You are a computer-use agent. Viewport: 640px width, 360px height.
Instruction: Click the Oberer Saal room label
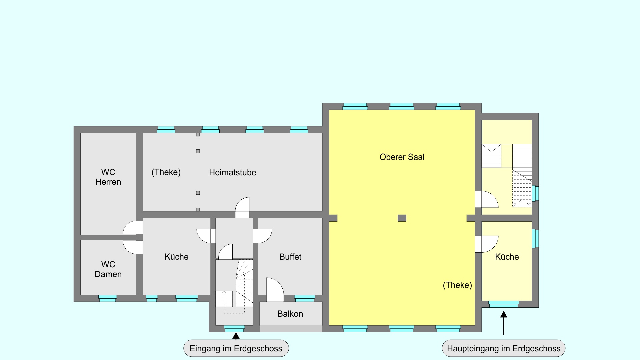coord(402,157)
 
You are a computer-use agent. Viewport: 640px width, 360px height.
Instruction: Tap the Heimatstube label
coord(233,172)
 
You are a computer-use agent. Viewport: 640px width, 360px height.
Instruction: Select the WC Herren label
coord(108,177)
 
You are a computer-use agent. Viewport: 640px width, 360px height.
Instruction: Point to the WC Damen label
coord(108,269)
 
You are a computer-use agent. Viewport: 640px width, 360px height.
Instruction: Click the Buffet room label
coord(290,257)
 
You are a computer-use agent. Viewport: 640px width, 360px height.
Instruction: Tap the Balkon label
coord(290,314)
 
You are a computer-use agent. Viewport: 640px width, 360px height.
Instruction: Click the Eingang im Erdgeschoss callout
coord(236,348)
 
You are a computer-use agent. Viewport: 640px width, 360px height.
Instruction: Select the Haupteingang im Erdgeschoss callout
coord(504,348)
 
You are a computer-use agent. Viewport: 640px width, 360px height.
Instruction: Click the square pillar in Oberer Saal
coord(402,218)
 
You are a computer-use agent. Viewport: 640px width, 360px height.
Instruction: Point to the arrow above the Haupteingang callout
coord(504,323)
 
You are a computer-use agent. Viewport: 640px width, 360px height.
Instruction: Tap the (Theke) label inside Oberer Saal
coord(457,285)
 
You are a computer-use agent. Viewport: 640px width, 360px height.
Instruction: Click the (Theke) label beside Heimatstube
coord(166,172)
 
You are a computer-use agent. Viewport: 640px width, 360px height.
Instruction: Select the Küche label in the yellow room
coord(507,257)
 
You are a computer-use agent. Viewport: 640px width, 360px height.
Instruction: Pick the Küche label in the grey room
coord(177,257)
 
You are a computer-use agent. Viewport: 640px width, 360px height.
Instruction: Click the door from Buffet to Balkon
coord(275,287)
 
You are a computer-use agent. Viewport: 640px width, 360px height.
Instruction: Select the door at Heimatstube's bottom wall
coord(242,208)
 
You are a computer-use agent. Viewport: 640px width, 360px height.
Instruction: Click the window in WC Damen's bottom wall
coord(108,298)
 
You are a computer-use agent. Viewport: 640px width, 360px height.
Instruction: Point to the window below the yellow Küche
coord(504,304)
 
